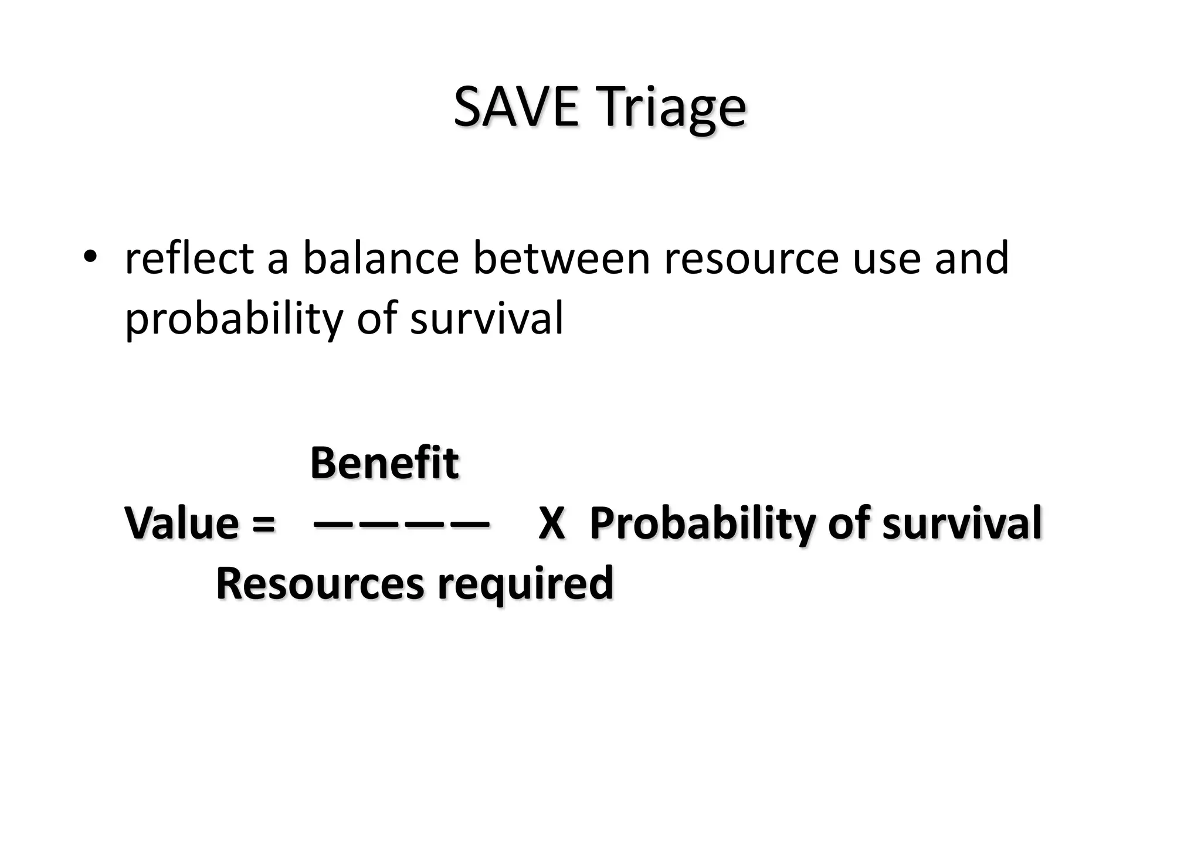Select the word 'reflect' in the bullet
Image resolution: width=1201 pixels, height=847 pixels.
[x=189, y=258]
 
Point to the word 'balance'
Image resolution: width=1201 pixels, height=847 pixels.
[x=381, y=258]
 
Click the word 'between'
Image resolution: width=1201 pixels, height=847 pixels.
[x=562, y=258]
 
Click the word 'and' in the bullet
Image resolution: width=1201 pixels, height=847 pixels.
[x=971, y=258]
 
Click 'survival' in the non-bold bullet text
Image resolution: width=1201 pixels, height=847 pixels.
[x=487, y=318]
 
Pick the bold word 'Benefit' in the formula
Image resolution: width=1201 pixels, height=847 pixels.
[x=384, y=463]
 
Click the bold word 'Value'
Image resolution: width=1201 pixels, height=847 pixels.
[x=182, y=523]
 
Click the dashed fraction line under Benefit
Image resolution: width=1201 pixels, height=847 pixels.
[x=401, y=522]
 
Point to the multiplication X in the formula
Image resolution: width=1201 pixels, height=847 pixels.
[x=551, y=523]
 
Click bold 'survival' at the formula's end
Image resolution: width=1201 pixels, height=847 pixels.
[x=962, y=523]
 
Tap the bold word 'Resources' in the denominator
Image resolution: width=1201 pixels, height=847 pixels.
[x=320, y=584]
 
